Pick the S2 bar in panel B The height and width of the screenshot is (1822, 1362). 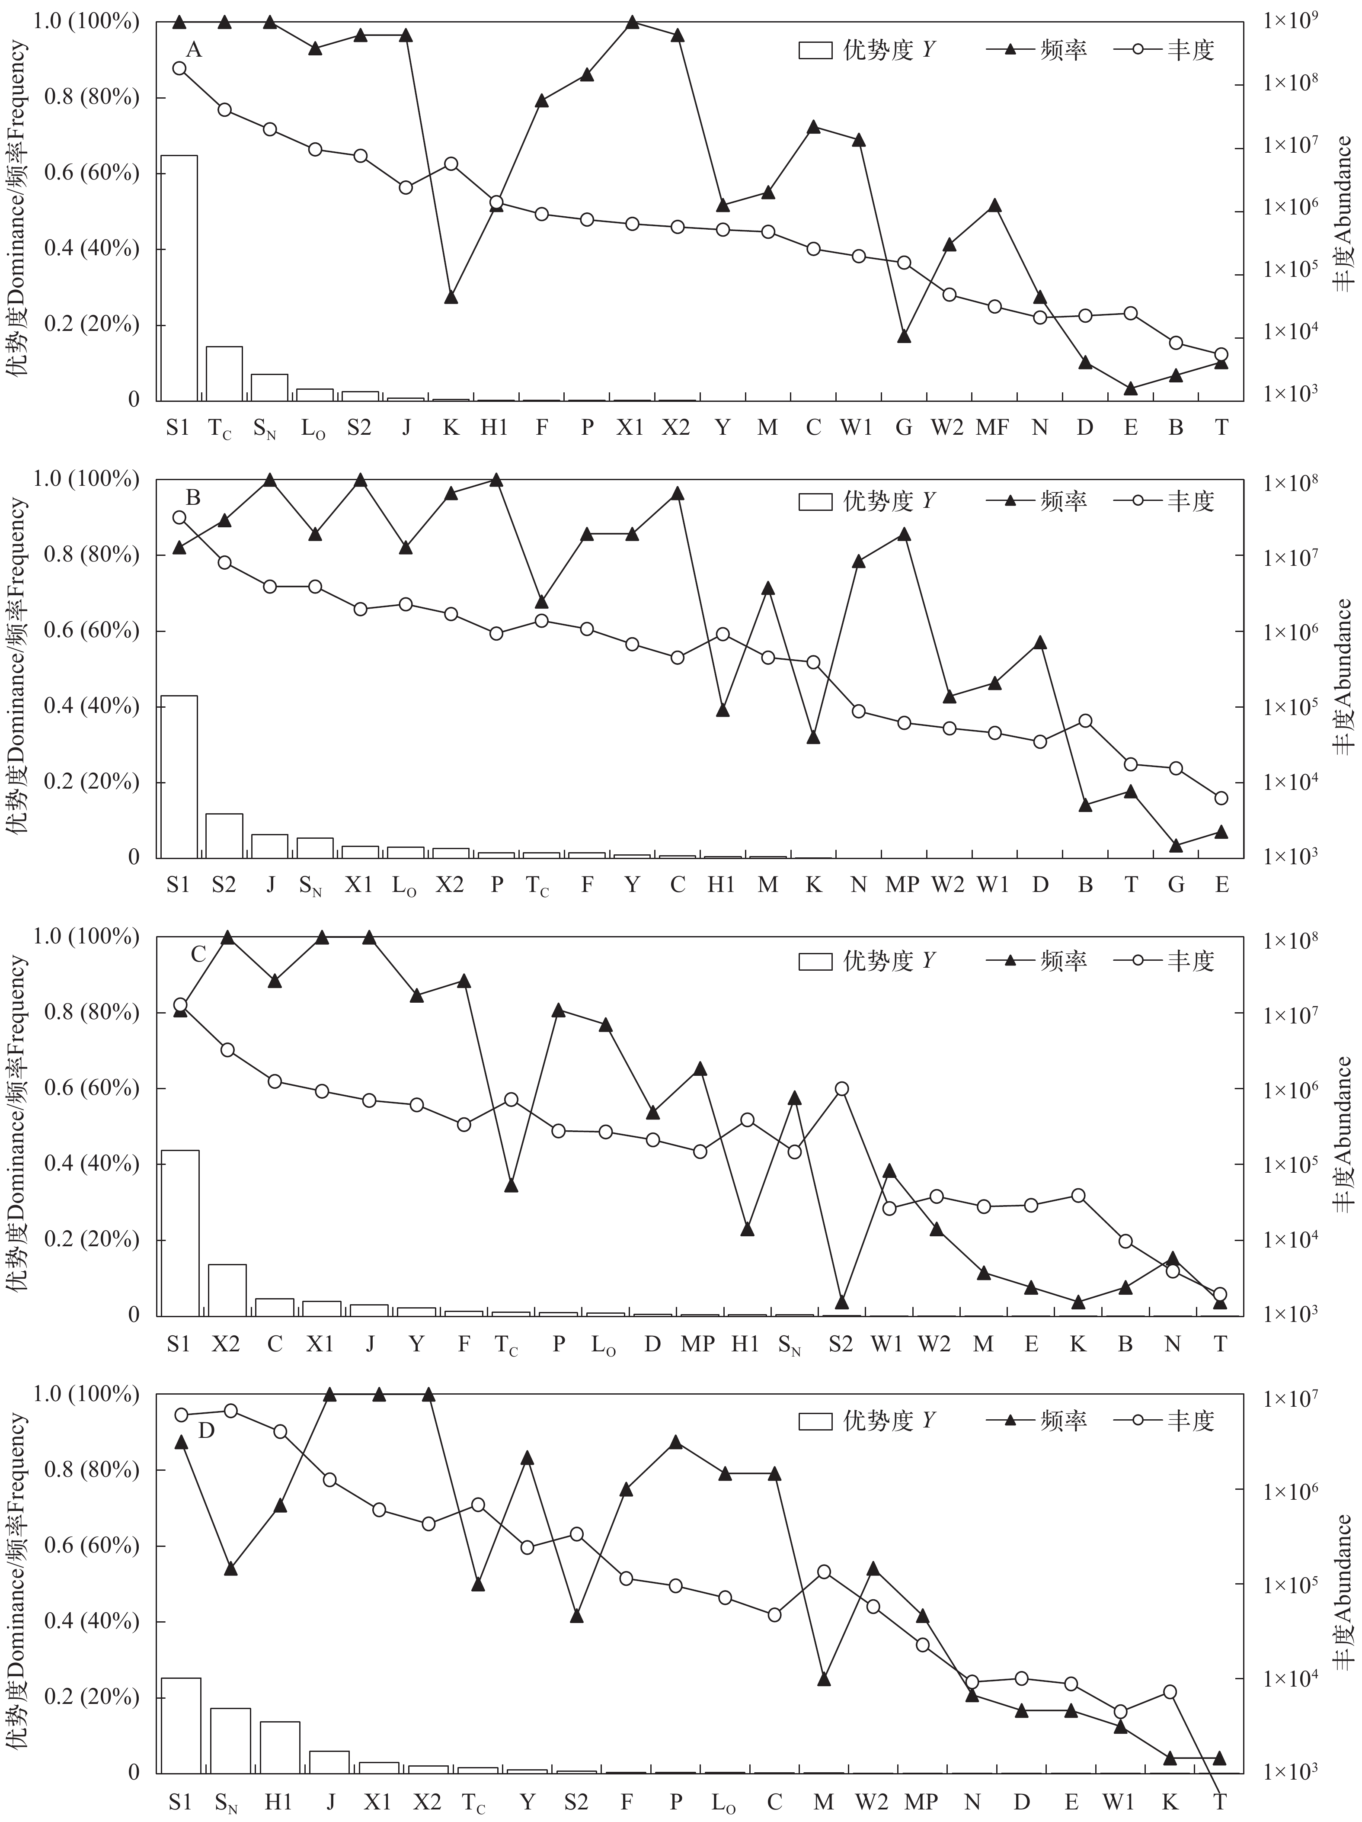224,835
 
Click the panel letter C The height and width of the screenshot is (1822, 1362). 198,955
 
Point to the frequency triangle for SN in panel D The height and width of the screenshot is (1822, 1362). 230,1569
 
